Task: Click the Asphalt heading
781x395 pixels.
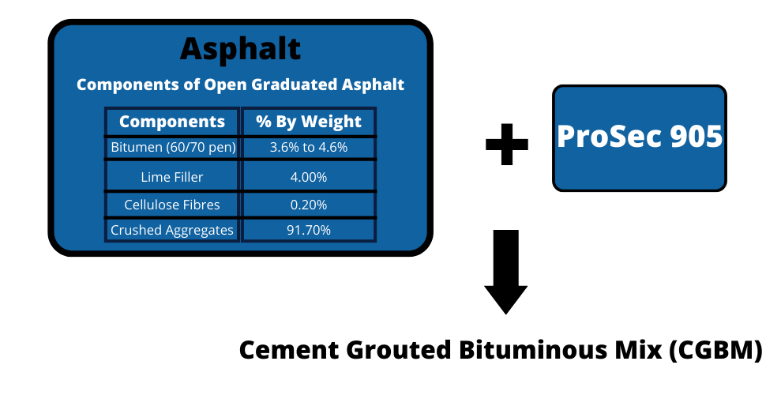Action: tap(240, 49)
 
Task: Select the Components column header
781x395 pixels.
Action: tap(172, 122)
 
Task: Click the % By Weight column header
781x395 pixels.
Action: tap(309, 122)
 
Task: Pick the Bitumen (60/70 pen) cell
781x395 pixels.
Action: tap(173, 148)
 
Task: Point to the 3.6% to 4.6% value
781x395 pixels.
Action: tap(309, 148)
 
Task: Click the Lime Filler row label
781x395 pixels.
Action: tap(172, 177)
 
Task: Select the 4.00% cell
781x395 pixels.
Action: tap(309, 177)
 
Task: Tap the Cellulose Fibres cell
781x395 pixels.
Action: tap(172, 205)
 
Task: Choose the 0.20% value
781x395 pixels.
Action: tap(309, 205)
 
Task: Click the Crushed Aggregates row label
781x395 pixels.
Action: tap(172, 230)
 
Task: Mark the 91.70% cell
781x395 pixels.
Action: tap(309, 230)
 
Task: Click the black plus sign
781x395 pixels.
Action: tap(506, 144)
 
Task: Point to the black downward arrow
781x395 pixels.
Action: tap(506, 272)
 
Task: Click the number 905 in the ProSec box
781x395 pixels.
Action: tap(697, 136)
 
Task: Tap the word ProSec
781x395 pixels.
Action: tap(610, 136)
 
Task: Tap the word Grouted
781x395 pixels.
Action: tap(398, 350)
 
